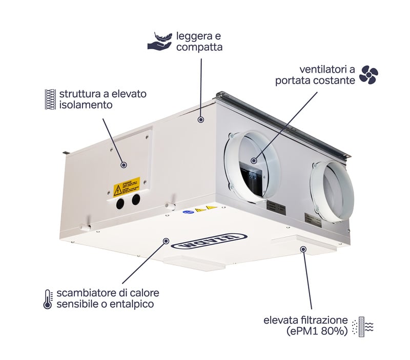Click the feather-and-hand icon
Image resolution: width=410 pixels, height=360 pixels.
(x=159, y=41)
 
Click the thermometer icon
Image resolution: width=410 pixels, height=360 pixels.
(x=48, y=299)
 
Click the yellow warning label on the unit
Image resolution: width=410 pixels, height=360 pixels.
(x=127, y=184)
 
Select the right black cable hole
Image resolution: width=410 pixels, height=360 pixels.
(x=136, y=199)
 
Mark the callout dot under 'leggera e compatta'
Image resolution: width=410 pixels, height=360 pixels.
(x=201, y=119)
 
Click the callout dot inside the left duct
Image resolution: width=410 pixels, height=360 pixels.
(x=255, y=160)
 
